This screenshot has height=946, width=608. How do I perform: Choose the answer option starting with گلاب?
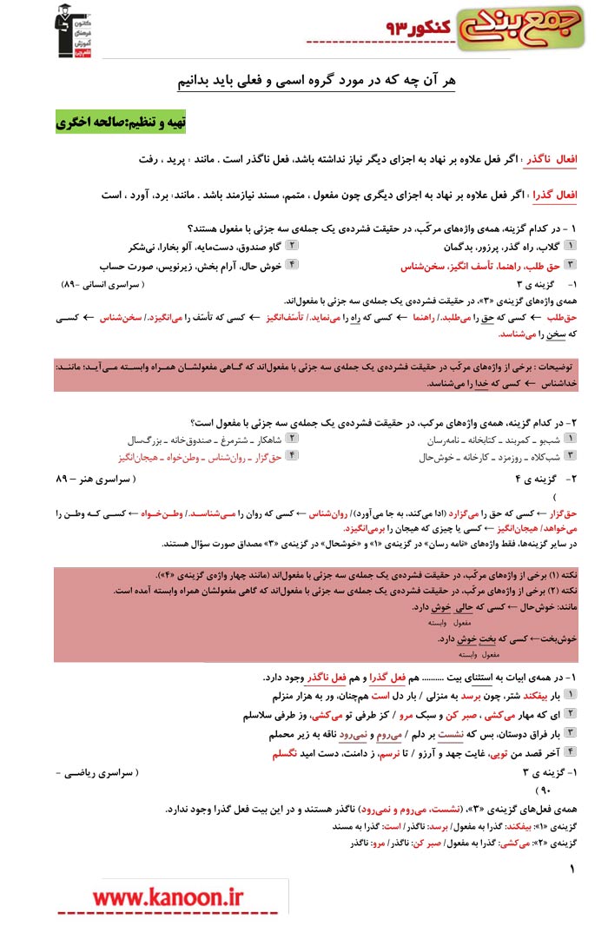point(494,247)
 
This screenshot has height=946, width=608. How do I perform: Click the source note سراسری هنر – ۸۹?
point(96,479)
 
